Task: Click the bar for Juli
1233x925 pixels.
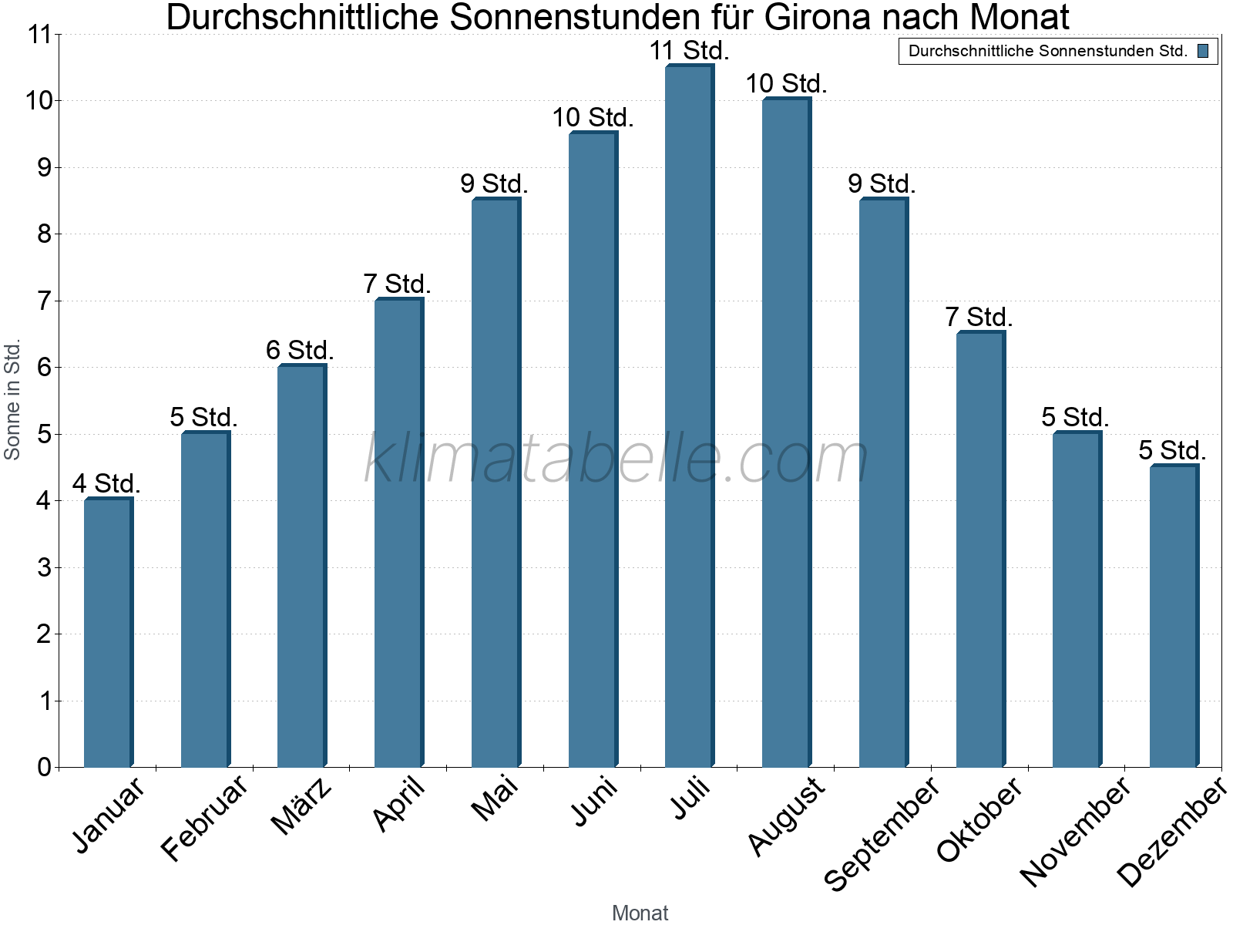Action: point(689,416)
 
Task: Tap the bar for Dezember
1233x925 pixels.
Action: point(1174,617)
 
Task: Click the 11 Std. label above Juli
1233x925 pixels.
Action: point(689,51)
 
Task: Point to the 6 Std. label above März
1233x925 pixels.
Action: point(300,351)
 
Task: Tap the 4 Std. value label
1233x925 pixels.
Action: point(106,484)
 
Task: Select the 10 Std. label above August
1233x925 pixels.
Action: point(786,84)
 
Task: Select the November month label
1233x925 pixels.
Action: point(1077,830)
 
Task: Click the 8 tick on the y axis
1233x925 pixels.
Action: point(44,234)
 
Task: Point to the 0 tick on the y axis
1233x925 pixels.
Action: point(44,767)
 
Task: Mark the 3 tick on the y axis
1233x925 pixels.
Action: point(44,568)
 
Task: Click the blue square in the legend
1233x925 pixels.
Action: point(1203,52)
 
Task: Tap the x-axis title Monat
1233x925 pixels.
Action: point(640,913)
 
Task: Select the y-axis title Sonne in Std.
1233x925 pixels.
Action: point(12,399)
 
